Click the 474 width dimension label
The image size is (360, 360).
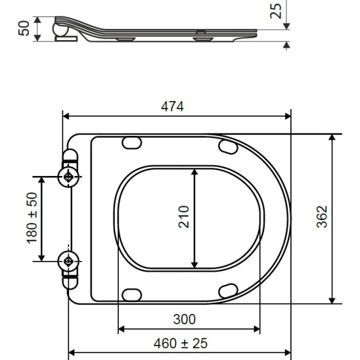pos(172,106)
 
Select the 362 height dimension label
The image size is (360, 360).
pos(322,217)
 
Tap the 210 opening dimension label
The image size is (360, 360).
pos(184,217)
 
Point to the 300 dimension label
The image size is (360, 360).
pos(185,319)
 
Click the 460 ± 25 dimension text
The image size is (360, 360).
pos(181,344)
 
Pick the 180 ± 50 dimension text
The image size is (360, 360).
pos(32,218)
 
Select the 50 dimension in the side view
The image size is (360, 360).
pos(24,28)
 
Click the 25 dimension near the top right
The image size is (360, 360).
pos(275,11)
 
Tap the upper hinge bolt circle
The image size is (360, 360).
pos(68,177)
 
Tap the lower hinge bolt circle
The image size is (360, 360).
pos(68,261)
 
